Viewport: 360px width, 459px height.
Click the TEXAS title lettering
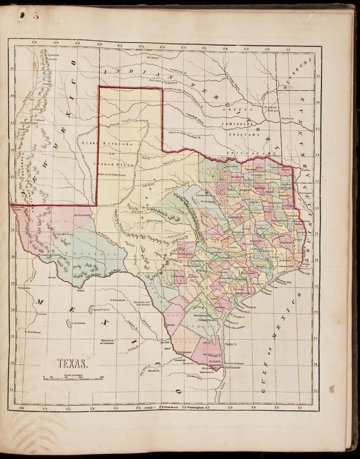(x=71, y=362)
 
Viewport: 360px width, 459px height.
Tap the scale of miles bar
(x=73, y=376)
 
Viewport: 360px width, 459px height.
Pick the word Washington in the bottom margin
(x=195, y=408)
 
